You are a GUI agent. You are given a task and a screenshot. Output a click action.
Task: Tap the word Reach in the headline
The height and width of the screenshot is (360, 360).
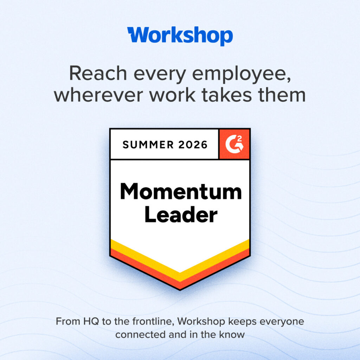tap(98, 73)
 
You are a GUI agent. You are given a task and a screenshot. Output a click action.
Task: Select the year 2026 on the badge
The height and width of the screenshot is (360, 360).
tap(193, 144)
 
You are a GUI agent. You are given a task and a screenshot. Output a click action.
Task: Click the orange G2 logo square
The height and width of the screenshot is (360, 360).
tap(234, 144)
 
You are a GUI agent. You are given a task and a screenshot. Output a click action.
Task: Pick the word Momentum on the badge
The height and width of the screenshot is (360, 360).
tap(181, 192)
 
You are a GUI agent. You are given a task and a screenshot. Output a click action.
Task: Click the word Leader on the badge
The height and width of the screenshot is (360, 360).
tap(181, 214)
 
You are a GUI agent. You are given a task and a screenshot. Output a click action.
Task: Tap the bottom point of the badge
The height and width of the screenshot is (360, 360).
tap(180, 290)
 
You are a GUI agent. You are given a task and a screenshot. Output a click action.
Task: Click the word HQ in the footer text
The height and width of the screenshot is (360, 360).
tap(91, 321)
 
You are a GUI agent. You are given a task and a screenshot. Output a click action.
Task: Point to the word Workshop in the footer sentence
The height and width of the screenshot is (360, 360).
tap(201, 322)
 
